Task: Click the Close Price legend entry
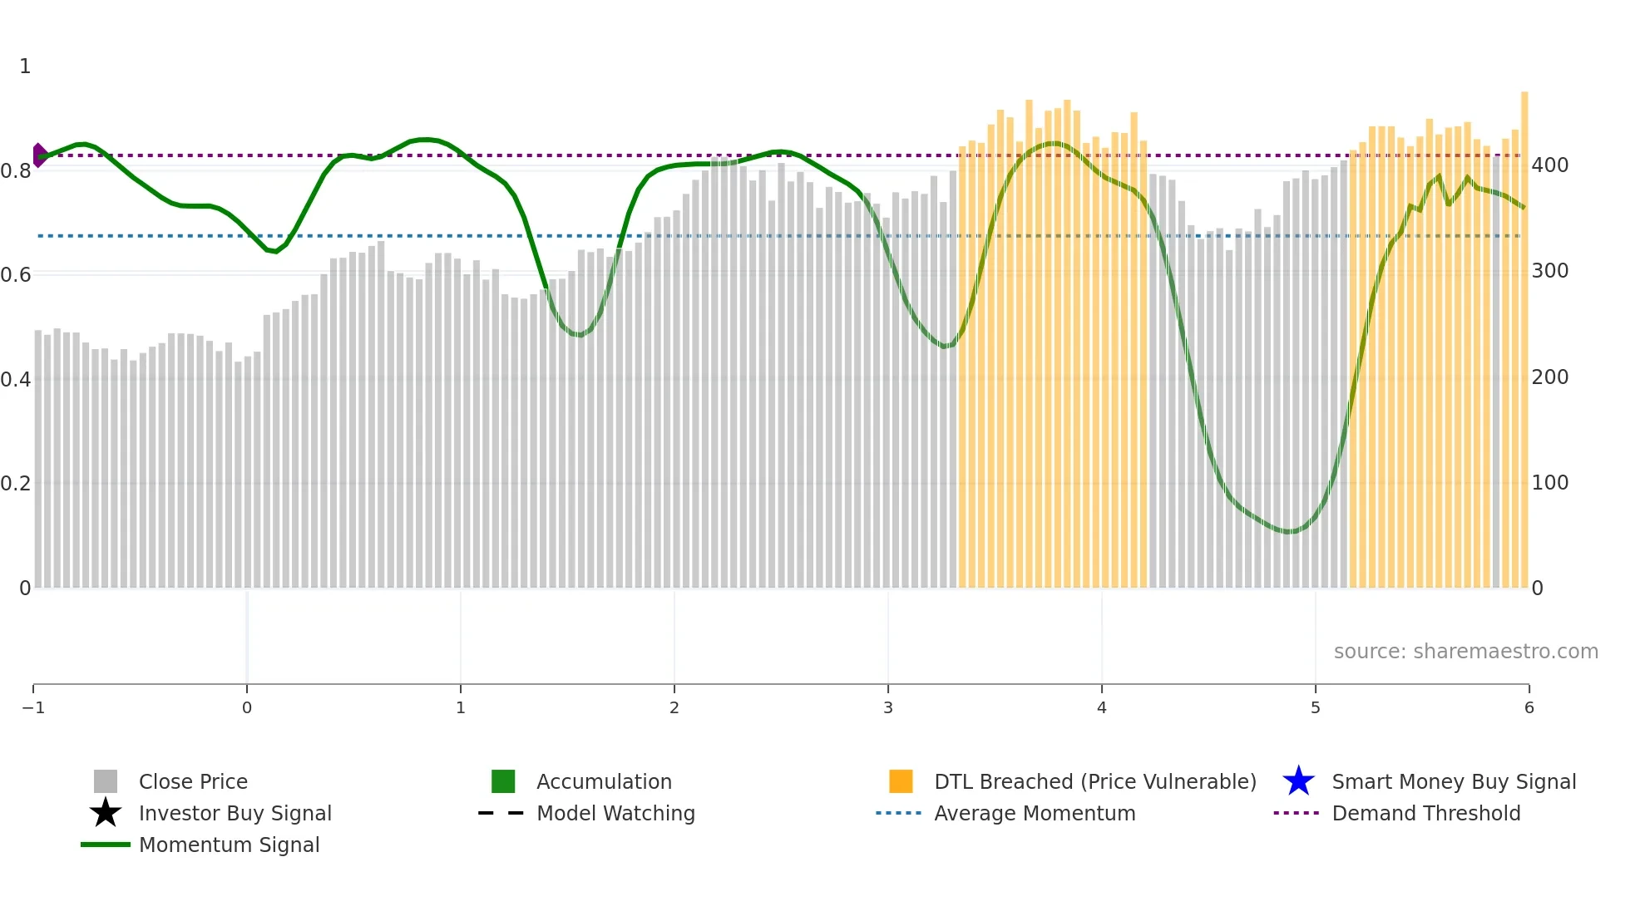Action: click(192, 781)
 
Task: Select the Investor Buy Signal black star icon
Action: click(106, 813)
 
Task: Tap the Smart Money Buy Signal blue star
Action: click(1298, 781)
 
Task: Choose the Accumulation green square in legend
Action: click(503, 781)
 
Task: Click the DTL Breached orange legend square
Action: click(901, 781)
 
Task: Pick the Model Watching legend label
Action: click(615, 813)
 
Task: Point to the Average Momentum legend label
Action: click(1035, 813)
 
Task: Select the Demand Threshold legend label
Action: click(1425, 813)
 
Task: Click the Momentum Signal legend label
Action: click(229, 845)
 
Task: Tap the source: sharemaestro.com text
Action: click(1465, 651)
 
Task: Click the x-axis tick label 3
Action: click(888, 707)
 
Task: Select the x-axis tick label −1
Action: click(33, 707)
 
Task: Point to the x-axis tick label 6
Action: click(1529, 707)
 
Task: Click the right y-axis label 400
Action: click(1550, 165)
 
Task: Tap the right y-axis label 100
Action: click(1550, 483)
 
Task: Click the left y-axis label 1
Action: click(25, 66)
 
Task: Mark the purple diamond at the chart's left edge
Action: click(38, 155)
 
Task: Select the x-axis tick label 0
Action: click(247, 707)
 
